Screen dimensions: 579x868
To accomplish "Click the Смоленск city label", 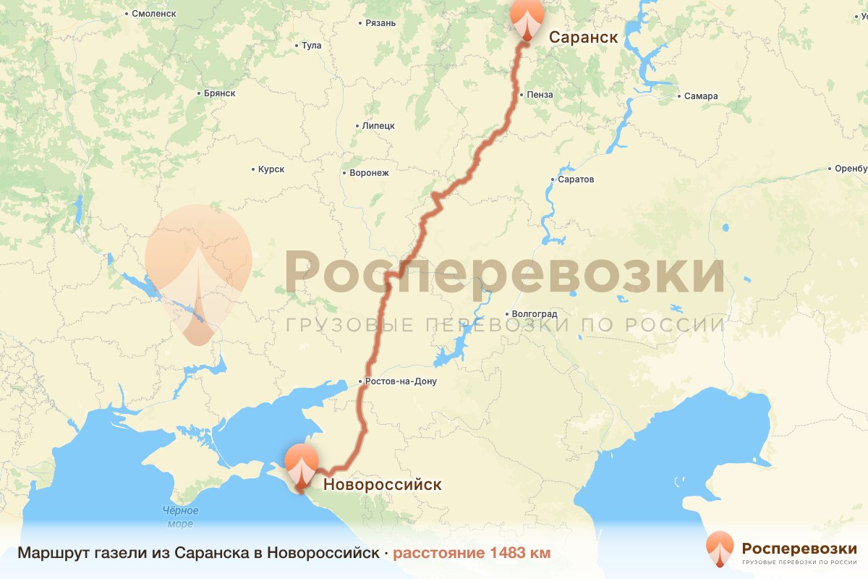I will click(x=154, y=13).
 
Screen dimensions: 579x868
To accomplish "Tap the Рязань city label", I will click(x=380, y=22).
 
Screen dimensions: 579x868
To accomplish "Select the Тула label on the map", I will click(x=311, y=46).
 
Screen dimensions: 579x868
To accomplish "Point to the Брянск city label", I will click(x=220, y=93).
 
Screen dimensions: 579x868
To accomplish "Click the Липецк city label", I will click(x=378, y=125).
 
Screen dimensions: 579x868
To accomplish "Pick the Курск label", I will click(x=271, y=169).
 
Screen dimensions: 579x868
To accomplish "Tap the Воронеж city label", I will click(x=369, y=173).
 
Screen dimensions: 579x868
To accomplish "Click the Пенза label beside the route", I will click(x=540, y=95).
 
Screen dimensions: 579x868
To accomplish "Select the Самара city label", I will click(x=702, y=96).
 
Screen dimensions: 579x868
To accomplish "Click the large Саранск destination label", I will click(x=583, y=38).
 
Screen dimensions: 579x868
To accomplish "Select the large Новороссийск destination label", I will click(x=381, y=484).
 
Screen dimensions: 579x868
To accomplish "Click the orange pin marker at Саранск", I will click(x=527, y=17).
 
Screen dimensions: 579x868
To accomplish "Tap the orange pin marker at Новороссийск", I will click(x=301, y=464).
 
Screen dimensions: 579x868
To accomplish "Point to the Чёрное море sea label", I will click(x=179, y=517).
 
